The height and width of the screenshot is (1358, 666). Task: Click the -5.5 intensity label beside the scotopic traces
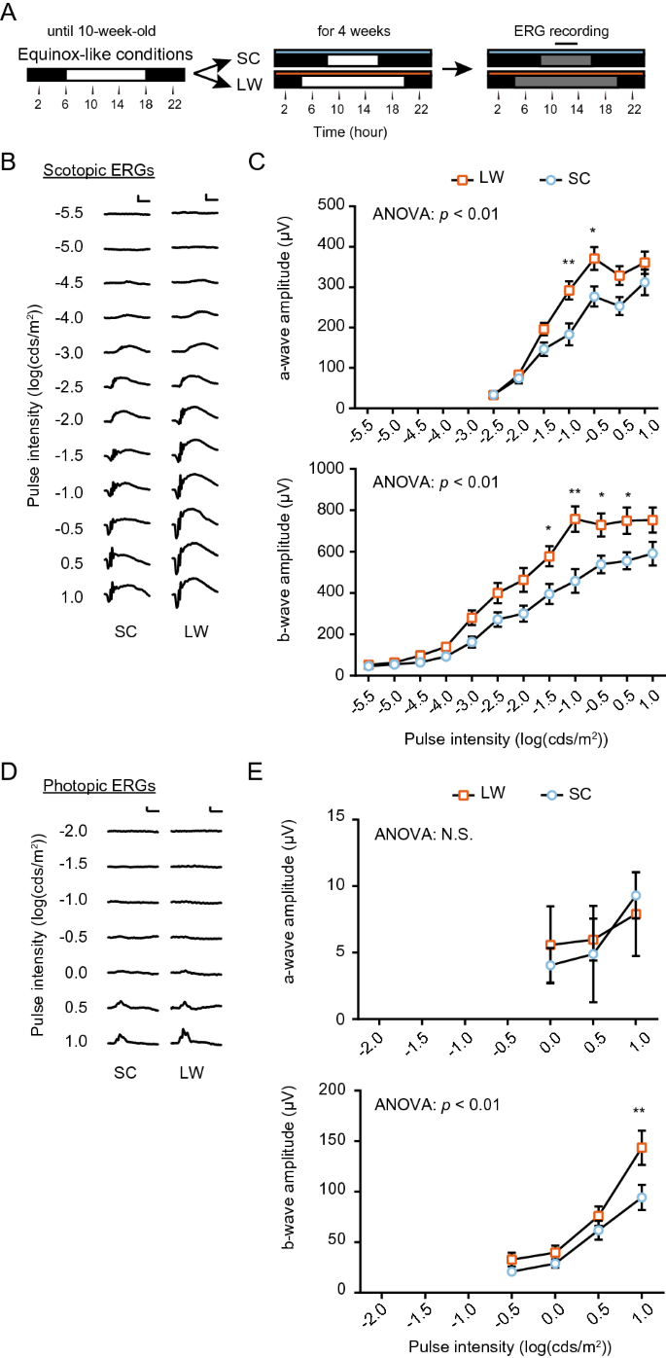coord(72,213)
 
